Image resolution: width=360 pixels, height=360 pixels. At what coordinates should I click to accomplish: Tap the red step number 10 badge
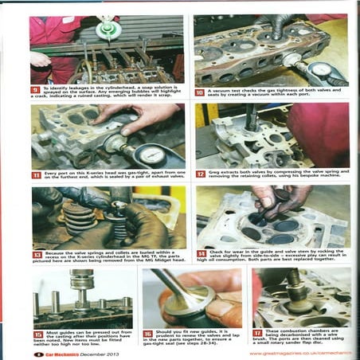click(x=200, y=92)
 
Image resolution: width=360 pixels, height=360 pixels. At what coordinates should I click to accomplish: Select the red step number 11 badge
click(x=36, y=174)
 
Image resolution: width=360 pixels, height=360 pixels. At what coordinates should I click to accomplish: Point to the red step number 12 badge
click(x=200, y=172)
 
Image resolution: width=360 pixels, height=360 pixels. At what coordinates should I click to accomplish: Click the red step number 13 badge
click(x=36, y=254)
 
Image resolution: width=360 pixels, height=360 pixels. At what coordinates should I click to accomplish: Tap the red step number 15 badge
click(x=37, y=334)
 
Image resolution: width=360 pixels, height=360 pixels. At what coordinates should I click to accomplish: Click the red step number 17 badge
click(x=257, y=334)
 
